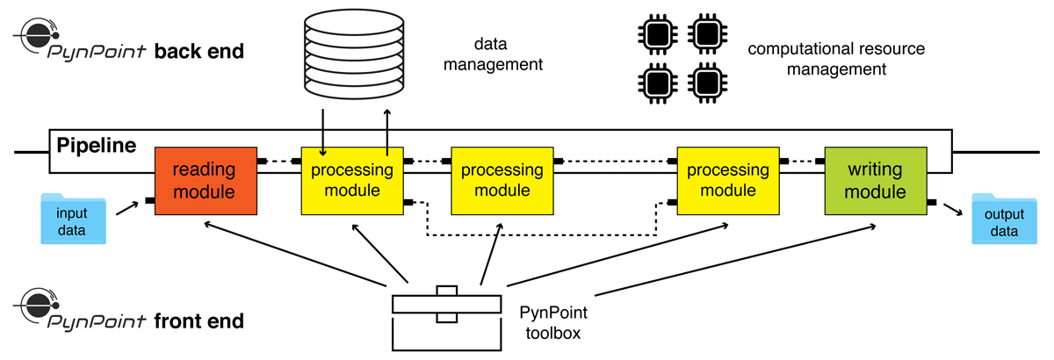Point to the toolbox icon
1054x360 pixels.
(448, 317)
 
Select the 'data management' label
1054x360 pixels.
(509, 52)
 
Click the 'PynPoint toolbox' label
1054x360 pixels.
(553, 321)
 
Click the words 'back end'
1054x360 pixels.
(199, 51)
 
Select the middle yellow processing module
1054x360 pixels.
(502, 180)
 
